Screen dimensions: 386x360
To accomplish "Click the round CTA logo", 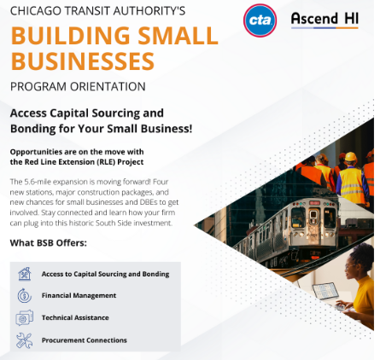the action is point(260,20).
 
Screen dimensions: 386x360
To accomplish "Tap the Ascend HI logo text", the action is point(325,19).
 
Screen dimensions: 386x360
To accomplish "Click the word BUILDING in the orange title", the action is point(71,36).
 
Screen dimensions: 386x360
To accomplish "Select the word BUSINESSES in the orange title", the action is point(83,61).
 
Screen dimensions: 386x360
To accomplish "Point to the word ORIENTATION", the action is point(108,86).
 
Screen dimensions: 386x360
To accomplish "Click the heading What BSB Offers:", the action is point(49,243).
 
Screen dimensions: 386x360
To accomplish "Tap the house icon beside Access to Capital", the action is point(25,274).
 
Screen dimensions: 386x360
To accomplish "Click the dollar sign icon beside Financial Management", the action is point(25,295).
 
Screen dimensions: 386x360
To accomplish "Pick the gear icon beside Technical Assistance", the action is point(24,317).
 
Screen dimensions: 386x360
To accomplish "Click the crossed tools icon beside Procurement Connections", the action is point(24,340).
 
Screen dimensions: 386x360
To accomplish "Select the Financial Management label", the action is point(79,295).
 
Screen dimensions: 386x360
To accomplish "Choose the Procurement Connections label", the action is point(85,340).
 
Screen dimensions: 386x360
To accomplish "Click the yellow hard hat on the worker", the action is point(351,157).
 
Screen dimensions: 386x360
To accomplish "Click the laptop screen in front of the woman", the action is point(325,291).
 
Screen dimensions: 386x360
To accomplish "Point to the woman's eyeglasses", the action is point(349,267).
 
